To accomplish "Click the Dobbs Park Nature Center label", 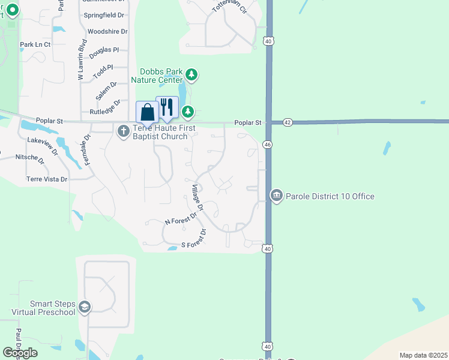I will [161, 76].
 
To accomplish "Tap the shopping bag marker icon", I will [147, 112].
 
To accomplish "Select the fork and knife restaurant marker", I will [167, 107].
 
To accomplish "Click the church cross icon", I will [124, 131].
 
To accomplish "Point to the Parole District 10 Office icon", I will [276, 196].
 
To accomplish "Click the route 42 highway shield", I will [288, 122].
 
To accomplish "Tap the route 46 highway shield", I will [268, 145].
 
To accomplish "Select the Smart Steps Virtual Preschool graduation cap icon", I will [84, 307].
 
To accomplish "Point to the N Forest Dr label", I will [181, 218].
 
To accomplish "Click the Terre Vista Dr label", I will [47, 179].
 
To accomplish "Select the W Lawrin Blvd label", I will [82, 60].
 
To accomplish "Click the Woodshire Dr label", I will [107, 31].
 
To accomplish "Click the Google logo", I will [20, 353].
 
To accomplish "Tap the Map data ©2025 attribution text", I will [423, 355].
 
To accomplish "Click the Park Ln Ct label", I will [35, 44].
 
